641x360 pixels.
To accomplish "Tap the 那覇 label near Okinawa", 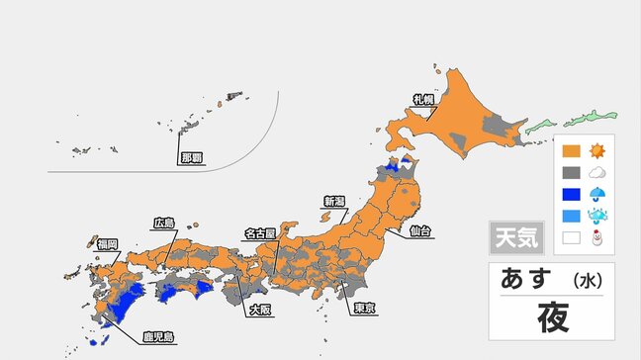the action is click(x=191, y=157).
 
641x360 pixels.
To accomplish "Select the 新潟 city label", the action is click(x=334, y=202).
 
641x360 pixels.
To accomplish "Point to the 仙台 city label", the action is click(x=419, y=231).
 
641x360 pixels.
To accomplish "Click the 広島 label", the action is click(x=163, y=223).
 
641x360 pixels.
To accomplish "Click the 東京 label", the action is click(x=364, y=308).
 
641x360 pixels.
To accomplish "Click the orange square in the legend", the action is click(x=571, y=152).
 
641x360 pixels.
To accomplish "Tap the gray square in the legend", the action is click(x=571, y=171).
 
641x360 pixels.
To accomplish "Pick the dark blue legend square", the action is click(x=571, y=193).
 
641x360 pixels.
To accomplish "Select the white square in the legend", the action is click(x=571, y=237).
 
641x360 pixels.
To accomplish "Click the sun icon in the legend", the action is click(x=596, y=151).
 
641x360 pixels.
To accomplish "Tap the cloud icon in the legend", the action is click(x=596, y=172).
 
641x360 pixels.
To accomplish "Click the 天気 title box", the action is click(x=515, y=237).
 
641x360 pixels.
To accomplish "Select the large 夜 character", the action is click(x=550, y=317).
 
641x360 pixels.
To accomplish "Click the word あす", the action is click(x=527, y=278).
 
